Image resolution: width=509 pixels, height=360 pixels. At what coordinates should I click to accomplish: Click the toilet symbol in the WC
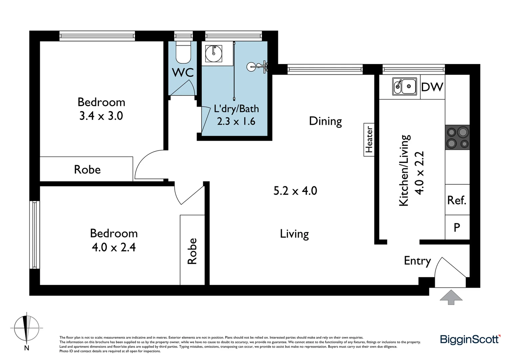[183, 52]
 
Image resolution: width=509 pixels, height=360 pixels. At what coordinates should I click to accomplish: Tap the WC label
[183, 72]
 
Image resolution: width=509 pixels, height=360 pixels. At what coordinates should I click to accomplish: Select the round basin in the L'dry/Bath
[214, 54]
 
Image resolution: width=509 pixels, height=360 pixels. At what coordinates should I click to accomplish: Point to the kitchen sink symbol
[404, 87]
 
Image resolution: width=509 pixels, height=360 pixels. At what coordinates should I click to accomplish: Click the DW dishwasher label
[432, 87]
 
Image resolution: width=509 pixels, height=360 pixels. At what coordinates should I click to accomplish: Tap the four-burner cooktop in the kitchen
[457, 137]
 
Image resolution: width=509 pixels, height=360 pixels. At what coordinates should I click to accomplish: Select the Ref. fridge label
[457, 200]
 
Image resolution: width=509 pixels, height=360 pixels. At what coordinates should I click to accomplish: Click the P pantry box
[457, 227]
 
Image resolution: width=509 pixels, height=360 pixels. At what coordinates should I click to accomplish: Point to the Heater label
[369, 140]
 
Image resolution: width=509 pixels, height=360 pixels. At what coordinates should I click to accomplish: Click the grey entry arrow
[451, 297]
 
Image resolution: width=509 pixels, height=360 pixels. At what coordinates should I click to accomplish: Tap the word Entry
[417, 261]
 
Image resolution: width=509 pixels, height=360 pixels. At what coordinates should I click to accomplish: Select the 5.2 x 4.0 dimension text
[295, 191]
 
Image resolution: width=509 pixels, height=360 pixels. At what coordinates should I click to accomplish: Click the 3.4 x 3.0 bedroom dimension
[101, 116]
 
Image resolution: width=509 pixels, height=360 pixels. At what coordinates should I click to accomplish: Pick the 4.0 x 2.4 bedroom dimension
[114, 247]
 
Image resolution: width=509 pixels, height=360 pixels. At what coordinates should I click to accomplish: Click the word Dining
[325, 121]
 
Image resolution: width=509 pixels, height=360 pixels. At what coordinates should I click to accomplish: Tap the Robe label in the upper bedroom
[87, 170]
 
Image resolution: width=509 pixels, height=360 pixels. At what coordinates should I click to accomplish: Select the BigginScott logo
[470, 339]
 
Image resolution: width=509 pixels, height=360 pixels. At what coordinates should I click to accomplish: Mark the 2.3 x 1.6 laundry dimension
[236, 121]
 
